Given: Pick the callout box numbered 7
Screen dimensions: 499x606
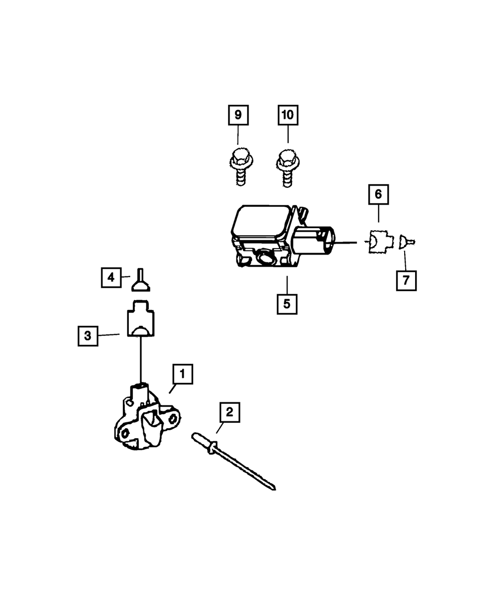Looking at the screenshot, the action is point(406,281).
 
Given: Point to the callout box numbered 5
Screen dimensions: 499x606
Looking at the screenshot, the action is point(287,304).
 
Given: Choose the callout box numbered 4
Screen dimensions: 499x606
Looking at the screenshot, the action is point(111,277).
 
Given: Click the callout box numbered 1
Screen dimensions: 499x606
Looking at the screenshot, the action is point(183,373).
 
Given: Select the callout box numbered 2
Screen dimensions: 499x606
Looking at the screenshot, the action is point(229,412).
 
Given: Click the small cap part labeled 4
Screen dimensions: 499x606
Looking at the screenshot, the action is point(141,282).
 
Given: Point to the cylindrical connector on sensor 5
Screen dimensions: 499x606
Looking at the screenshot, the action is point(313,241).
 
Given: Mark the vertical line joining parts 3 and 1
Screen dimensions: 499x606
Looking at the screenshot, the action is point(142,359).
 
